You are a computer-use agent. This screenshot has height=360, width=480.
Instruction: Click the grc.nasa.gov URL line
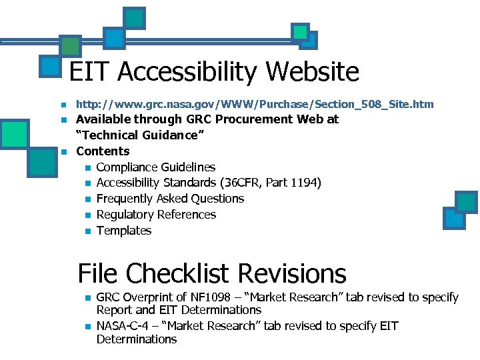point(255,104)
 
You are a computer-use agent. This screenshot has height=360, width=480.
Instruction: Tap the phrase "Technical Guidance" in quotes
point(140,135)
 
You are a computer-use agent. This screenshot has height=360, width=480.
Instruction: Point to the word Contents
point(103,151)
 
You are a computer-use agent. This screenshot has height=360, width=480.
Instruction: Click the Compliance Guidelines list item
point(155,167)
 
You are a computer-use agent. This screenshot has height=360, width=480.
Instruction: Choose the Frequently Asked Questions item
point(170,199)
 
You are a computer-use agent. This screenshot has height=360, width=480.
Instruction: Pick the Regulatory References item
point(156,215)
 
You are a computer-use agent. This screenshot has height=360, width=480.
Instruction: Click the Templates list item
point(124,231)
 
